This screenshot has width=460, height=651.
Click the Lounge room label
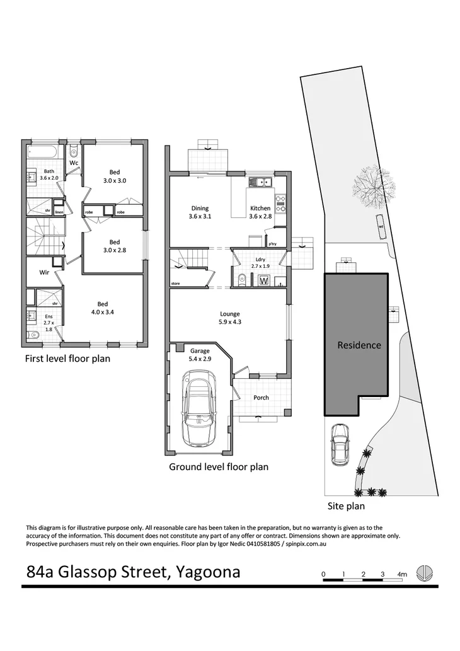230,318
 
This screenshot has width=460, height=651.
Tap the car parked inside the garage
198,408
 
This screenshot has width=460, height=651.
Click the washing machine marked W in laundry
264,280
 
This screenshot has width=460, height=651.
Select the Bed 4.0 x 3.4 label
101,307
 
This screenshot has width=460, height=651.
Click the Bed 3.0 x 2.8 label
114,246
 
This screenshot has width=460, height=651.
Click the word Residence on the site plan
359,345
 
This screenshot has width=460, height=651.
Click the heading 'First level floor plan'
67,359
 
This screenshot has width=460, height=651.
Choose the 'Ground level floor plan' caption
219,467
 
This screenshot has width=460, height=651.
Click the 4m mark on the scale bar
402,574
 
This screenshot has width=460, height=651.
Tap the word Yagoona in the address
209,572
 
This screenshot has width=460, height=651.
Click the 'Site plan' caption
346,505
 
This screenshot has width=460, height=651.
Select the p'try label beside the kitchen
272,243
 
